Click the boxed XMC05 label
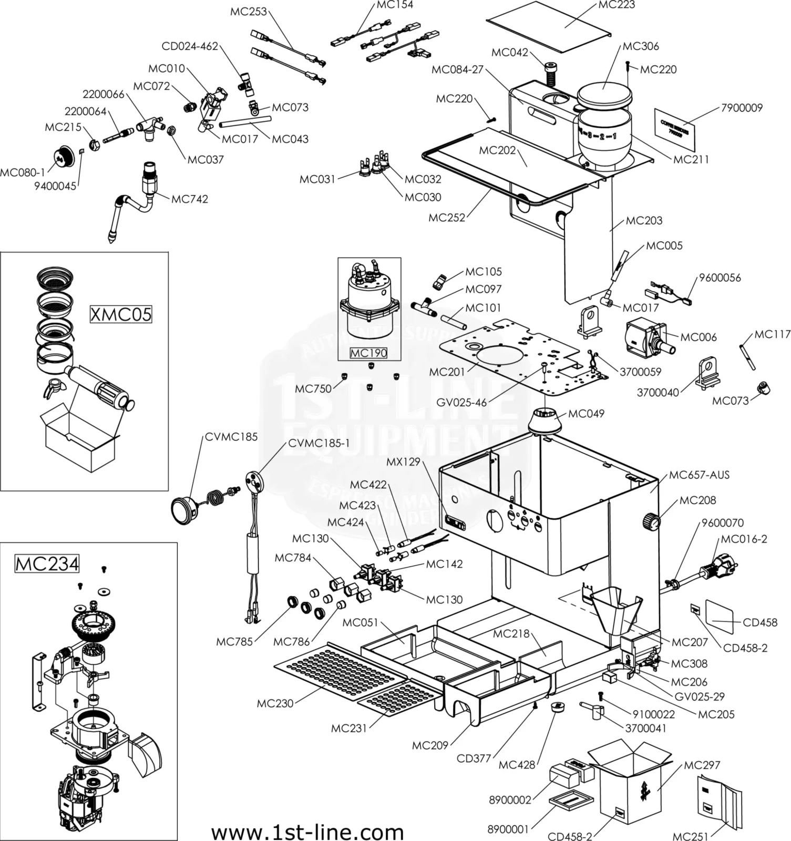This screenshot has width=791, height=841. point(121,314)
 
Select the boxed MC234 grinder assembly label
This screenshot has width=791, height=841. point(47,564)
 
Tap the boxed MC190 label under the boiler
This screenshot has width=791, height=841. point(368,353)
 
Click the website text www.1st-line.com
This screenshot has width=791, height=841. point(307,832)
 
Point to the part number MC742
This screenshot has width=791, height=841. point(190,199)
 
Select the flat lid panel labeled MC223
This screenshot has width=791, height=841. point(549,26)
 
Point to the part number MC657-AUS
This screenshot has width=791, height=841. point(699,475)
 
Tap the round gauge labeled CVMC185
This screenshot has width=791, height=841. point(182,509)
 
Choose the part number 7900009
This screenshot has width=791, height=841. point(742,108)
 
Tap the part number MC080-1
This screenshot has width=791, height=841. point(23,172)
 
